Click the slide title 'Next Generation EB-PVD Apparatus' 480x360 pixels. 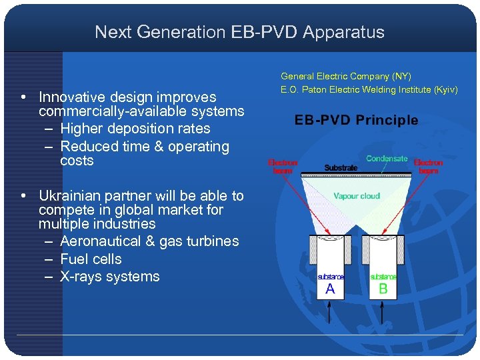pos(239,32)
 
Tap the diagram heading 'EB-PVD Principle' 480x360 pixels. pos(357,121)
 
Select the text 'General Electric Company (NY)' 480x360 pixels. pos(346,77)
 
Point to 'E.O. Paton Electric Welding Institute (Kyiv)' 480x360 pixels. pos(369,90)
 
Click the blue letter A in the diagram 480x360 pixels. pos(330,289)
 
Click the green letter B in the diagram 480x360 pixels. pos(383,289)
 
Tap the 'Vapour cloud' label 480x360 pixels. pos(357,196)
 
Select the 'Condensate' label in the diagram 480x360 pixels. pos(387,159)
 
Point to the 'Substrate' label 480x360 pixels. pos(341,168)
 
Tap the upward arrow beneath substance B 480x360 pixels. pos(383,310)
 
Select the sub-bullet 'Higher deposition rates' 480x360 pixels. pos(135,129)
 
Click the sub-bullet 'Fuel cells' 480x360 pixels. pos(91,259)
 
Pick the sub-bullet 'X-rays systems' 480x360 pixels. pos(110,277)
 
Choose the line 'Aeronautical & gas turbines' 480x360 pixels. pos(149,241)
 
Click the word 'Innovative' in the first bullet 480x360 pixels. pos(71,97)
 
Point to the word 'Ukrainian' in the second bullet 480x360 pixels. pos(70,196)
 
